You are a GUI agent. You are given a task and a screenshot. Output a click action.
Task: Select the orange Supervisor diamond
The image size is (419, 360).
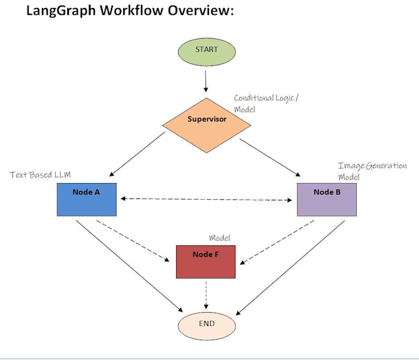[207, 124]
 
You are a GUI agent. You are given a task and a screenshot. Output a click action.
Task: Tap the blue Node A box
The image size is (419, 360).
[86, 198]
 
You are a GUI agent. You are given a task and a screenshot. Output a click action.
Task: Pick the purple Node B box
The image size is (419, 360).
[327, 198]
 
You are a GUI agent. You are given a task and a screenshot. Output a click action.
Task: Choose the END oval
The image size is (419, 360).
[206, 324]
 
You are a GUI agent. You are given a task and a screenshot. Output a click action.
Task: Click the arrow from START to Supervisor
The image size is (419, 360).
[207, 81]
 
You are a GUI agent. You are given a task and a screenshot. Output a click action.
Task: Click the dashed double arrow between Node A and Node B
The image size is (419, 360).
[206, 199]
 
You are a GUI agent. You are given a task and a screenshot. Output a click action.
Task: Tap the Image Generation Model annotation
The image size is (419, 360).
[372, 171]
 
